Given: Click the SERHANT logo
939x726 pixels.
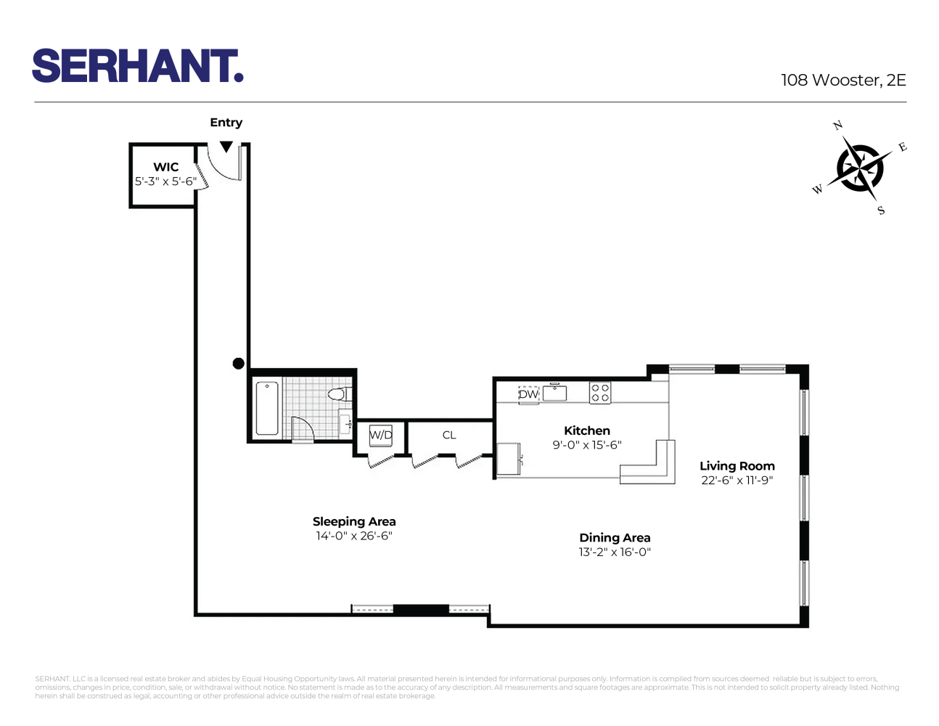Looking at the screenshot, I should click(137, 66).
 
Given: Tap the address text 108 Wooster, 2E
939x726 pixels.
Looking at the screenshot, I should click(843, 81).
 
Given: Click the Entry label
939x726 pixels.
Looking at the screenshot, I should click(226, 123).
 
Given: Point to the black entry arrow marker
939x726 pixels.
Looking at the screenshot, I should click(226, 147).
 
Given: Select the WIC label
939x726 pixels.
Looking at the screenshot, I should click(165, 167).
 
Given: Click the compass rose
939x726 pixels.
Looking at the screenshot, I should click(860, 168).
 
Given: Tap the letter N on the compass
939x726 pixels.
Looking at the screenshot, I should click(837, 126).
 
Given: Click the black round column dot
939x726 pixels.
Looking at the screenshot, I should click(238, 364).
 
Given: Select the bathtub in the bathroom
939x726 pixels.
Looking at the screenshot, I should click(267, 409).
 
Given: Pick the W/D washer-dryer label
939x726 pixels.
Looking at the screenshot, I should click(381, 435).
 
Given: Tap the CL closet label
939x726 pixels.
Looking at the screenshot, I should click(449, 435).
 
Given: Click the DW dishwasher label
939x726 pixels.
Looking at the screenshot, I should click(528, 394).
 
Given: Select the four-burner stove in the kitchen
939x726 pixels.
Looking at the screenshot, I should click(600, 393).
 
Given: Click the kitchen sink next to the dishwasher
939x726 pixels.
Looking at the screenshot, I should click(554, 393).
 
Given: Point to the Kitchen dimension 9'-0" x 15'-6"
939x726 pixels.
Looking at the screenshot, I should click(587, 445).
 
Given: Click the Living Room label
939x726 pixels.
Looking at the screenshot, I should click(737, 466).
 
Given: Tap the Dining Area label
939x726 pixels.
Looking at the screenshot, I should click(615, 538).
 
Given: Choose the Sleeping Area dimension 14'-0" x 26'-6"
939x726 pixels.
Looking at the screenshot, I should click(354, 536).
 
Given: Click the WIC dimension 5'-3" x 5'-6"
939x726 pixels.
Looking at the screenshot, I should click(165, 181).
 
